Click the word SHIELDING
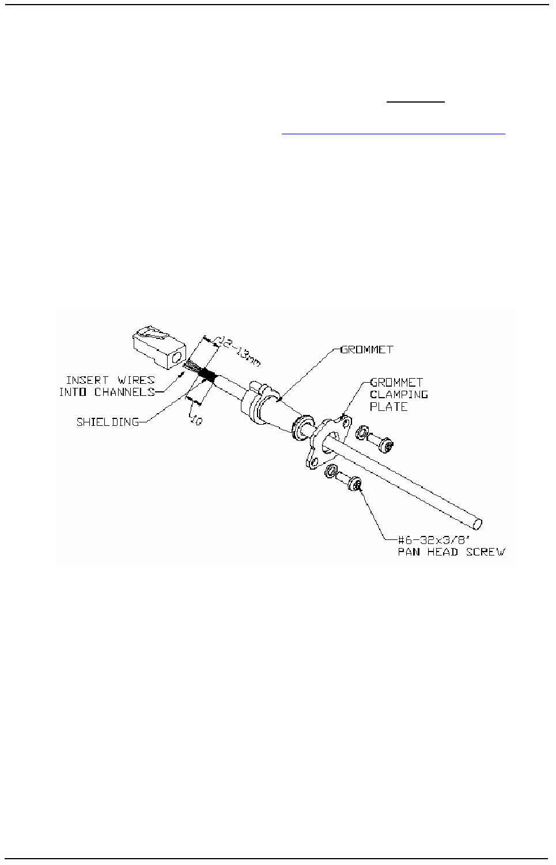(108, 422)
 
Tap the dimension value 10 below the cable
(196, 421)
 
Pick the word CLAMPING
(399, 394)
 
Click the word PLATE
(389, 406)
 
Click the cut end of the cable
(478, 524)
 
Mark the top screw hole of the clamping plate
(346, 424)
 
